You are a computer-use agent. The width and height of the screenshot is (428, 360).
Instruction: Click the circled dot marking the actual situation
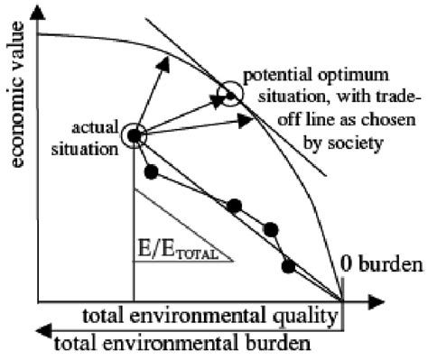point(134,136)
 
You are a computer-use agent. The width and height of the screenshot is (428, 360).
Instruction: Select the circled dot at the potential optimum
point(230,94)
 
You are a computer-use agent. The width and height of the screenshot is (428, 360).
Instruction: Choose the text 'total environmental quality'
point(211,315)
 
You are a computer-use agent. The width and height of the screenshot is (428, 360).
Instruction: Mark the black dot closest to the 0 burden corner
point(288,265)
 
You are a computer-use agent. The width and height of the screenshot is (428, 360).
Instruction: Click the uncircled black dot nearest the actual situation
point(151,171)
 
